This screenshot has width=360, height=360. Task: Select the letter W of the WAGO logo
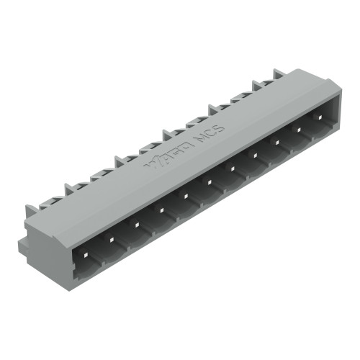click(153, 161)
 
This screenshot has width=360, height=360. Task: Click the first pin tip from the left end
click(86, 254)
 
